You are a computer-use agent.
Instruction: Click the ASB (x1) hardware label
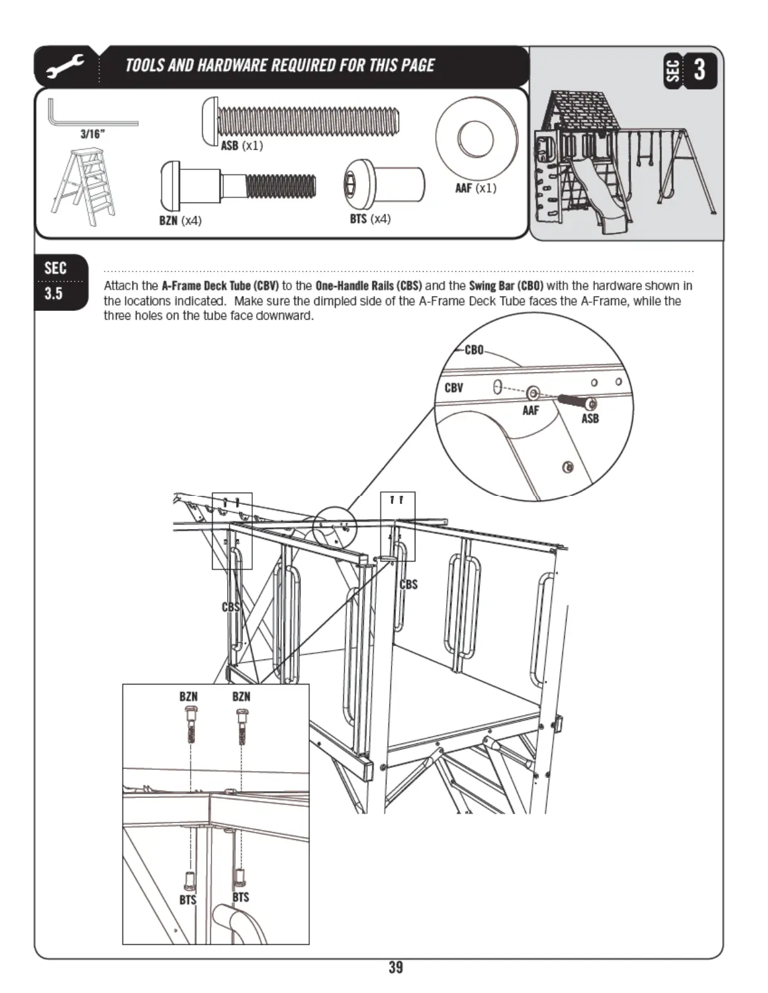[242, 146]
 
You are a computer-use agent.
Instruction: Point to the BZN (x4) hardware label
[180, 221]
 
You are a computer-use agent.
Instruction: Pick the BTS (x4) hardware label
[370, 219]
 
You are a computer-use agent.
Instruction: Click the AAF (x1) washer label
[476, 188]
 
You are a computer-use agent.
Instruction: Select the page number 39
[396, 967]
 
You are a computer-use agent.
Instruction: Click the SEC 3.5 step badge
[56, 281]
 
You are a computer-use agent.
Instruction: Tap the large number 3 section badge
[700, 70]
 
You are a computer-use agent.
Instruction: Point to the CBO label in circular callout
[474, 350]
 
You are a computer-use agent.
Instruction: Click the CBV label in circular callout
[454, 387]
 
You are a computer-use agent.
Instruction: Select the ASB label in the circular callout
[590, 419]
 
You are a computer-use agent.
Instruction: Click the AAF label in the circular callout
[530, 411]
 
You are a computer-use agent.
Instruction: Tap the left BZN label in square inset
[188, 696]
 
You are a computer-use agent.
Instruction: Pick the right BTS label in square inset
[241, 897]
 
